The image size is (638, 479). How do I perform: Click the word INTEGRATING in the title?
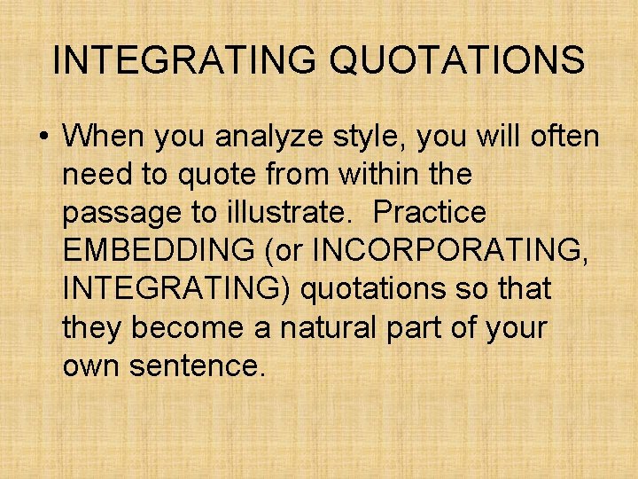(x=182, y=60)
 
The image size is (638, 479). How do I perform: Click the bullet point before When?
(x=43, y=138)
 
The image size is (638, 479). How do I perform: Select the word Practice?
(x=430, y=214)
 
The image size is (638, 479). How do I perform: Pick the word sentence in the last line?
(x=197, y=366)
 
